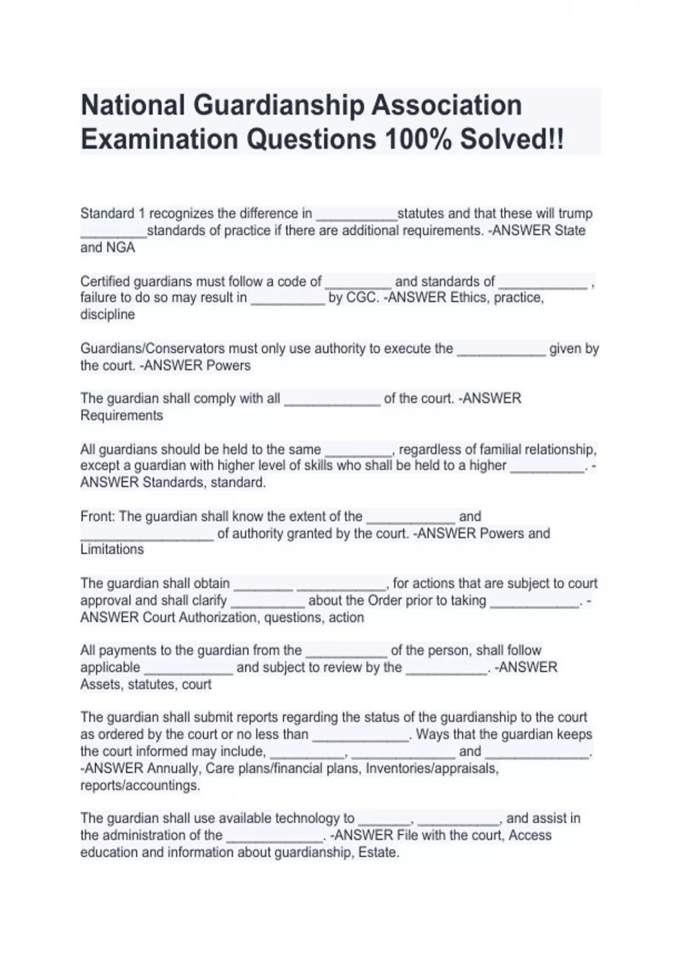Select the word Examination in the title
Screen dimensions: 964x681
point(159,139)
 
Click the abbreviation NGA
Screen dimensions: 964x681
point(120,248)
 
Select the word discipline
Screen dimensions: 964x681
point(108,315)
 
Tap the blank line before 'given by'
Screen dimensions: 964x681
point(501,352)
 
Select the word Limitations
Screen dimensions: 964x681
point(112,549)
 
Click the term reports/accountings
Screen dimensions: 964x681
point(140,785)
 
